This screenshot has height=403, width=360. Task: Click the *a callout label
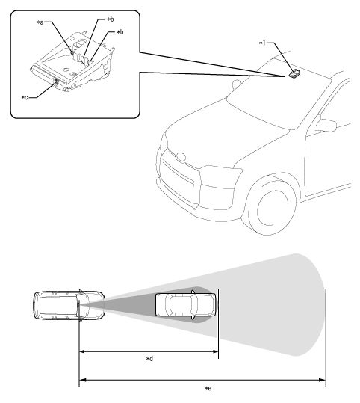point(40,22)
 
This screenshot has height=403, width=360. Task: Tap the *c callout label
point(25,98)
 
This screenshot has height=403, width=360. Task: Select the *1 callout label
point(262,43)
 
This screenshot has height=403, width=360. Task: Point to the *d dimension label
point(149,359)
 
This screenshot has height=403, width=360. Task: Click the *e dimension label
point(208,388)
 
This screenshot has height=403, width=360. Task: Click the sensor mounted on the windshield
point(294,74)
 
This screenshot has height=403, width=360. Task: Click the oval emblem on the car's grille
point(181,157)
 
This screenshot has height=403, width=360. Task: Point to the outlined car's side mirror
point(326,125)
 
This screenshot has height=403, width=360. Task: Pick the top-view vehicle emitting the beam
point(69,305)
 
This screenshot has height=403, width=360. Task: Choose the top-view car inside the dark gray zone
point(186,305)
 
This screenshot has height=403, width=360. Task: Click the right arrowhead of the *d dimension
point(216,351)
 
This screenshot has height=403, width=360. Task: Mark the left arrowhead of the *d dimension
point(82,351)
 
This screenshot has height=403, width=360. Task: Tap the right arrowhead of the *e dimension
point(323,380)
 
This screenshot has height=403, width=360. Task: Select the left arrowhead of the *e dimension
point(82,380)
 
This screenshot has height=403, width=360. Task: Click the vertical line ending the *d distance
point(218,324)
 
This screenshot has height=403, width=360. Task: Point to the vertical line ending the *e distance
point(326,338)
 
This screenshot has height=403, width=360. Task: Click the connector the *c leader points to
point(56,83)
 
